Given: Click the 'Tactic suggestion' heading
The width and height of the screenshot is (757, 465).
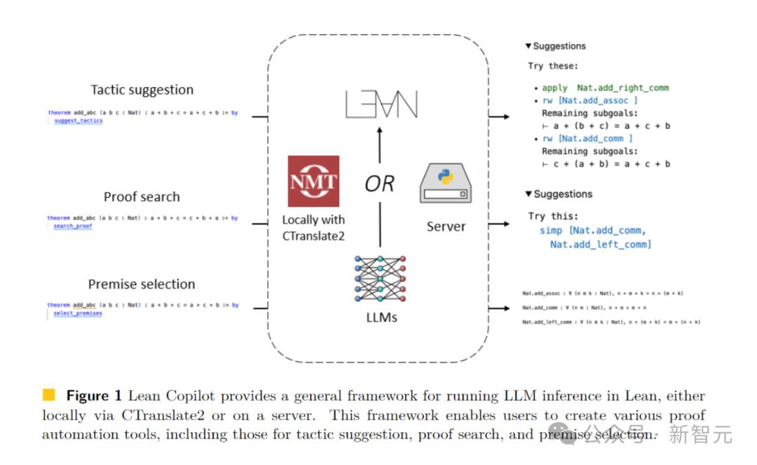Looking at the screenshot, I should (x=142, y=90).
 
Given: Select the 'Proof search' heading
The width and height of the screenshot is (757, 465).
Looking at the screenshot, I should (x=142, y=197).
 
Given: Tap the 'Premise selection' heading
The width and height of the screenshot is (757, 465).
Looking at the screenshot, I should (x=142, y=284).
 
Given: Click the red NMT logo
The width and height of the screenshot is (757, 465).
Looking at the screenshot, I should (x=313, y=181).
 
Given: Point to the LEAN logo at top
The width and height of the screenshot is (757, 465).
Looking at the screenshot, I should (x=381, y=105).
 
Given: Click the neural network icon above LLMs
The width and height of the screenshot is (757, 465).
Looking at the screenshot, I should (x=381, y=278).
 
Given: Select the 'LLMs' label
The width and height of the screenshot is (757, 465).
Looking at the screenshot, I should (x=381, y=318).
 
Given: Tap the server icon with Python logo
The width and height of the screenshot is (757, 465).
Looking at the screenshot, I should (x=446, y=184).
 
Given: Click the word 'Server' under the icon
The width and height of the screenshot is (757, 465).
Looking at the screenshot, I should (x=446, y=227).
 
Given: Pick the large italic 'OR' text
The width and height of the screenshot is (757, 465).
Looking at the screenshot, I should (x=379, y=184).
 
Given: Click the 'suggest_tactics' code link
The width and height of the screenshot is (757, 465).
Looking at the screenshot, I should (x=78, y=121).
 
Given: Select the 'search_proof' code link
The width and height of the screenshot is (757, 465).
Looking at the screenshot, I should (x=72, y=227).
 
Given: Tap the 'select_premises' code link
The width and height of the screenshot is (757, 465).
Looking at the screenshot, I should (x=77, y=314).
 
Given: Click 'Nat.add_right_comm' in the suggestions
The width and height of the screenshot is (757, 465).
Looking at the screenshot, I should (x=622, y=88).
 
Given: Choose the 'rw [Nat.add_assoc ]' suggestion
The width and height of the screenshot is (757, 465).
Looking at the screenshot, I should (x=589, y=101).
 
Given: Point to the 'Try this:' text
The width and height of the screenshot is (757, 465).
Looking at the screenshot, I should (x=553, y=217).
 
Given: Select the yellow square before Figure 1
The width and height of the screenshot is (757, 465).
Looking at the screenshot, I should (x=49, y=395).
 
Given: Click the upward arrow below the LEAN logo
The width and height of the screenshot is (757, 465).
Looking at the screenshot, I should (x=379, y=147).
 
